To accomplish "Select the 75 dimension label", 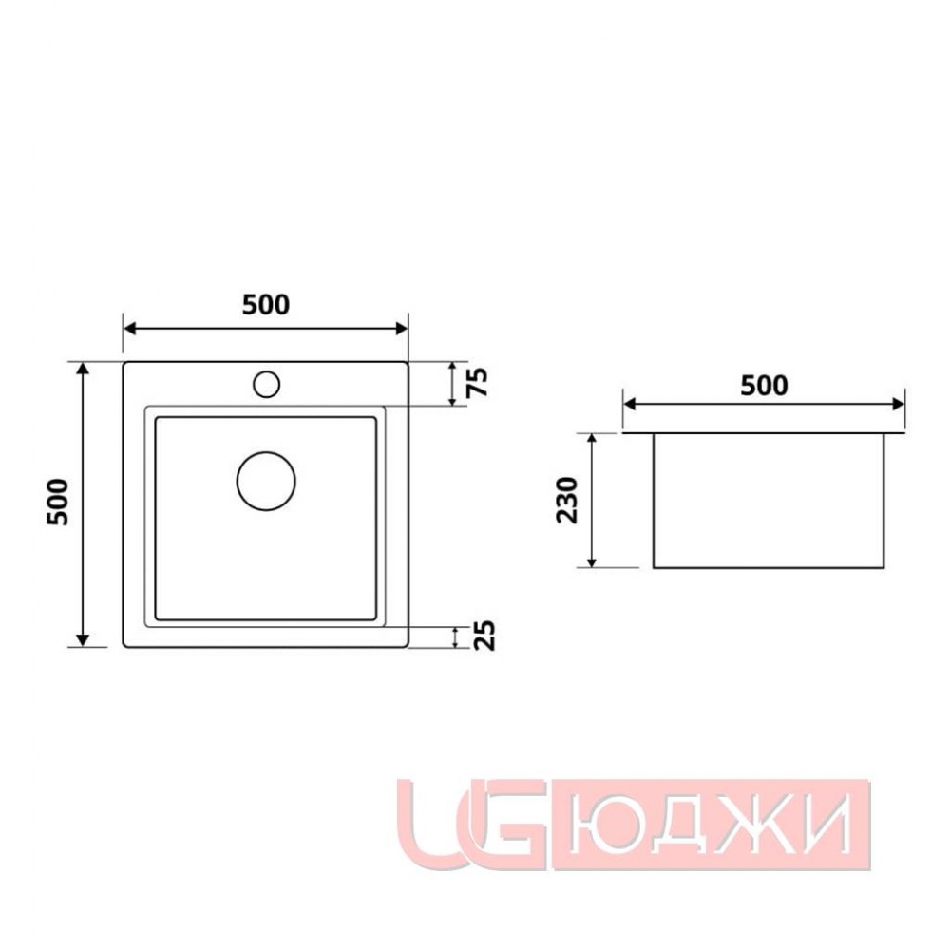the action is click(479, 382).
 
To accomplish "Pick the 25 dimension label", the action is click(484, 636).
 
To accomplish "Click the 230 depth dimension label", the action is click(568, 501).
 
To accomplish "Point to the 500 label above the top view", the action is click(266, 305).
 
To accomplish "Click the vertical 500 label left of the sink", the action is click(59, 503).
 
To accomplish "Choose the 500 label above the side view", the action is click(764, 386).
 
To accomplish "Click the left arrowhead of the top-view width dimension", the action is click(129, 329).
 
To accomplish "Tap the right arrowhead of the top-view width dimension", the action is click(401, 329).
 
